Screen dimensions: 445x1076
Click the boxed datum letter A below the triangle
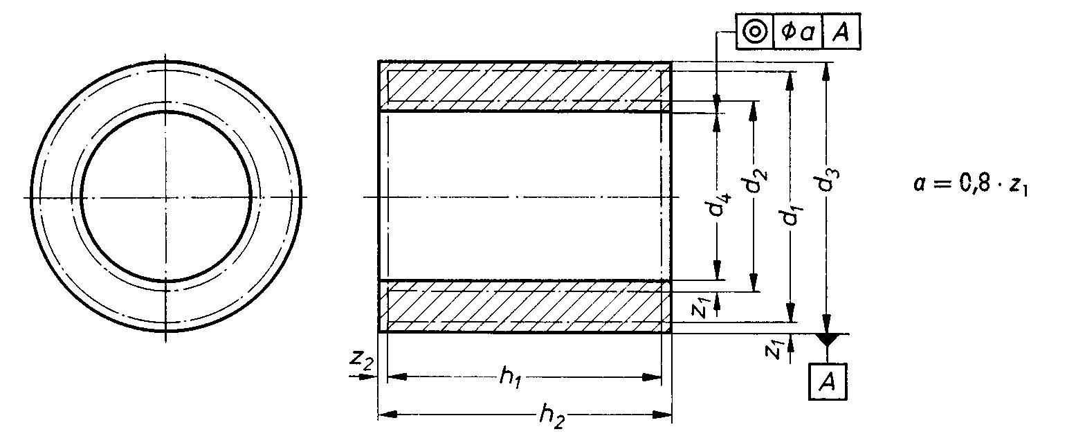[x=828, y=381]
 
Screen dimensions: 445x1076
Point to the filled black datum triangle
[x=827, y=340]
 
